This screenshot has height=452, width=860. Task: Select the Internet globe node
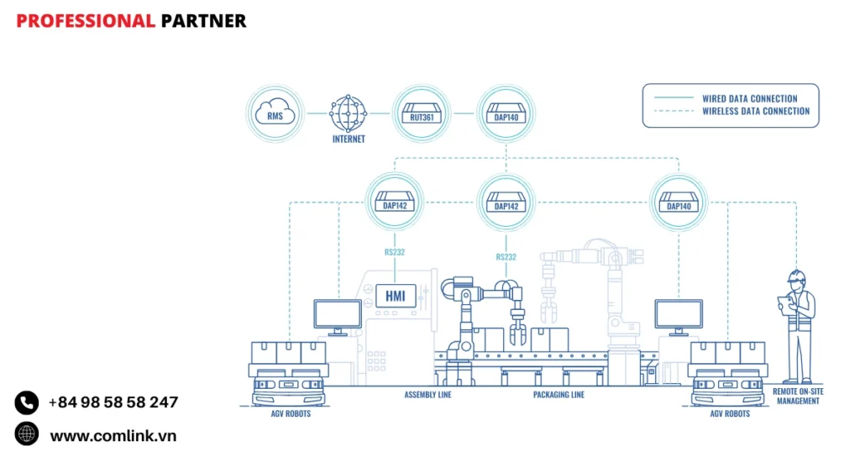pyautogui.click(x=349, y=113)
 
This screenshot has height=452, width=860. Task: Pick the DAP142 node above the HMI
pyautogui.click(x=395, y=202)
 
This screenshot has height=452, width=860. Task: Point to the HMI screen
pyautogui.click(x=395, y=296)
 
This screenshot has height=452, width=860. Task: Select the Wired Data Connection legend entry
pyautogui.click(x=749, y=98)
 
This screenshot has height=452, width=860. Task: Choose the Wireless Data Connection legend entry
pyautogui.click(x=756, y=111)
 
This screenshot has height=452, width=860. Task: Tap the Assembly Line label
pyautogui.click(x=427, y=395)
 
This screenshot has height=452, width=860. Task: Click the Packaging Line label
pyautogui.click(x=558, y=395)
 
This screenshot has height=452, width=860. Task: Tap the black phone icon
pyautogui.click(x=27, y=402)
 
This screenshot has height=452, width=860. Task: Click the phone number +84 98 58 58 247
pyautogui.click(x=113, y=402)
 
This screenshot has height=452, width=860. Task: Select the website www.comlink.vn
pyautogui.click(x=113, y=435)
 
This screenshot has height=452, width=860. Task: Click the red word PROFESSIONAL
pyautogui.click(x=85, y=21)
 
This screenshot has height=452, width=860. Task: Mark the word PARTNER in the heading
pyautogui.click(x=203, y=21)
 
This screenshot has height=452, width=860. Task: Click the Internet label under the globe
pyautogui.click(x=349, y=139)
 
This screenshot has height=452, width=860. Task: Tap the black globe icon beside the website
pyautogui.click(x=27, y=434)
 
